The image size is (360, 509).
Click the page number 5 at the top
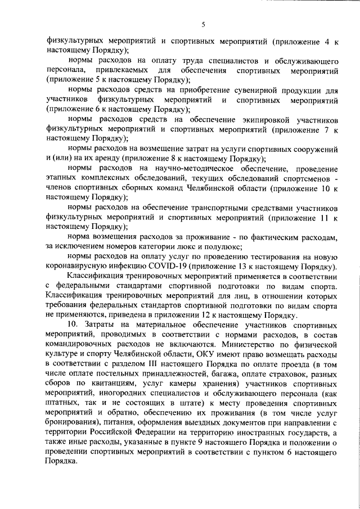[x=204, y=24]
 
